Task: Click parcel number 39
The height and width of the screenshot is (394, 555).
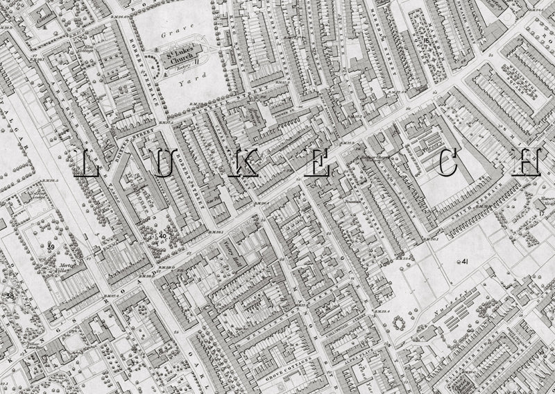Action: [x=51, y=247]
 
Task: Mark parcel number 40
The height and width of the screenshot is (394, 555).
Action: [x=162, y=236]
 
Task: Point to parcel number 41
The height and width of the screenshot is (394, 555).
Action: [x=463, y=261]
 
